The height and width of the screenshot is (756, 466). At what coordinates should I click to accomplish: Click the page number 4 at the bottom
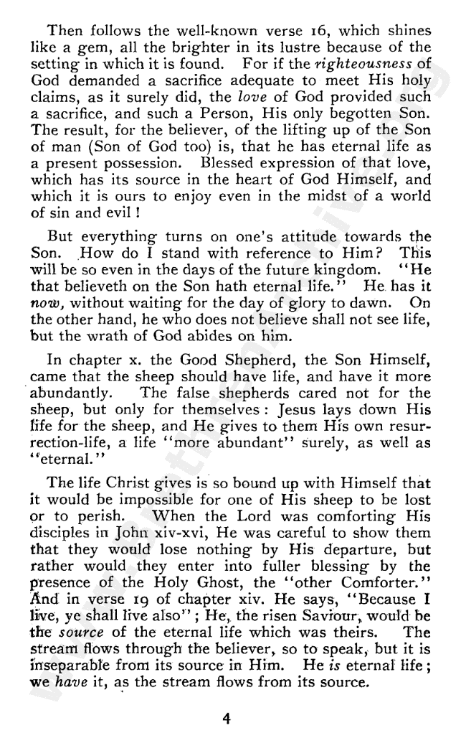226,718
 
